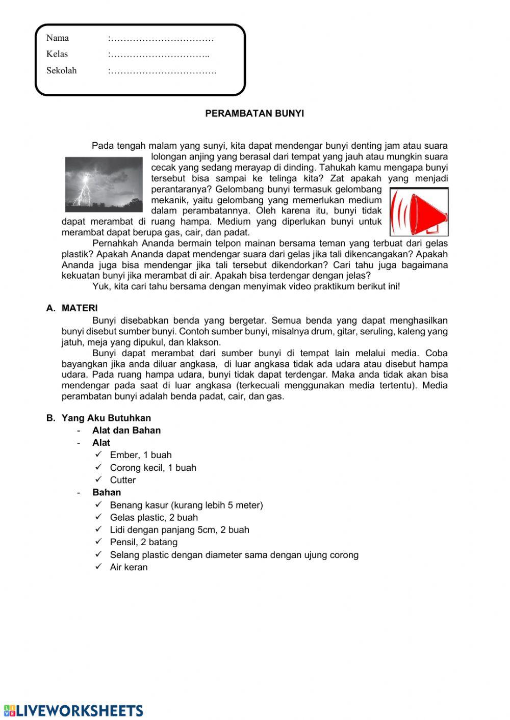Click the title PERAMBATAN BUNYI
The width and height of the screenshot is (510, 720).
(x=254, y=114)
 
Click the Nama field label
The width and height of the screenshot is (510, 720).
(x=57, y=38)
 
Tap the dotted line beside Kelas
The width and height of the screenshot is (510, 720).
(x=159, y=55)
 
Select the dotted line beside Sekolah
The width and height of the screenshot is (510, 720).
(x=162, y=71)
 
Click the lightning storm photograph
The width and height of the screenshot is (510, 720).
(x=104, y=184)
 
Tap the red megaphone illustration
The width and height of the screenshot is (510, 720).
(x=419, y=212)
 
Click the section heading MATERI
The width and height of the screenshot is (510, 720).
(x=80, y=308)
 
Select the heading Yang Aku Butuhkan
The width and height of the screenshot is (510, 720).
(x=106, y=418)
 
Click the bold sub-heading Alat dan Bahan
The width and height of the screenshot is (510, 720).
(x=126, y=431)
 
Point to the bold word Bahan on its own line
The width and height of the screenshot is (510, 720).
(x=107, y=493)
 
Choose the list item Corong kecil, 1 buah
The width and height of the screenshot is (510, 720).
(x=153, y=468)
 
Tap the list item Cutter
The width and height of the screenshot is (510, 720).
(x=123, y=480)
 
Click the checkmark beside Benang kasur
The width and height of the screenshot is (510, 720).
(x=99, y=504)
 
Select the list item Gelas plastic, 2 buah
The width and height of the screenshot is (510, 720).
(x=154, y=518)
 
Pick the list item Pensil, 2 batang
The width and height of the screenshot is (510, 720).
(x=144, y=542)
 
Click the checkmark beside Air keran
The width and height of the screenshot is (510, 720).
(x=99, y=567)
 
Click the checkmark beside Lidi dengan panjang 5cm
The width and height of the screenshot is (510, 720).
(x=99, y=529)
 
